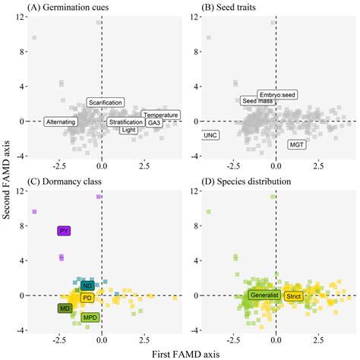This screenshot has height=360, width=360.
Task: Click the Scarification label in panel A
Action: point(106,102)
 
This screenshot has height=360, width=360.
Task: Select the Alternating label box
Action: point(61,122)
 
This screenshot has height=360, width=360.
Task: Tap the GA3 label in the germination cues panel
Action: point(154,122)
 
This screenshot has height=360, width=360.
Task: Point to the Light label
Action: point(130,130)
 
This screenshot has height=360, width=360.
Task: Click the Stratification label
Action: point(126,122)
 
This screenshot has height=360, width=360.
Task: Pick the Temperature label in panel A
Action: point(160,115)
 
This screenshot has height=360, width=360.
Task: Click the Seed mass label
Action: point(256,101)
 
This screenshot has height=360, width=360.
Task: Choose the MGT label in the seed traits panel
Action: point(296,144)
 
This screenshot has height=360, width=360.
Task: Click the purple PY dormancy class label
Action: point(64,231)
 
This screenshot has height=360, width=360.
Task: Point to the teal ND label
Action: point(87,286)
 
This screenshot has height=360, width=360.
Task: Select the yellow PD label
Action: point(87,297)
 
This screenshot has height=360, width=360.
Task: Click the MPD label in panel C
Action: point(90,317)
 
